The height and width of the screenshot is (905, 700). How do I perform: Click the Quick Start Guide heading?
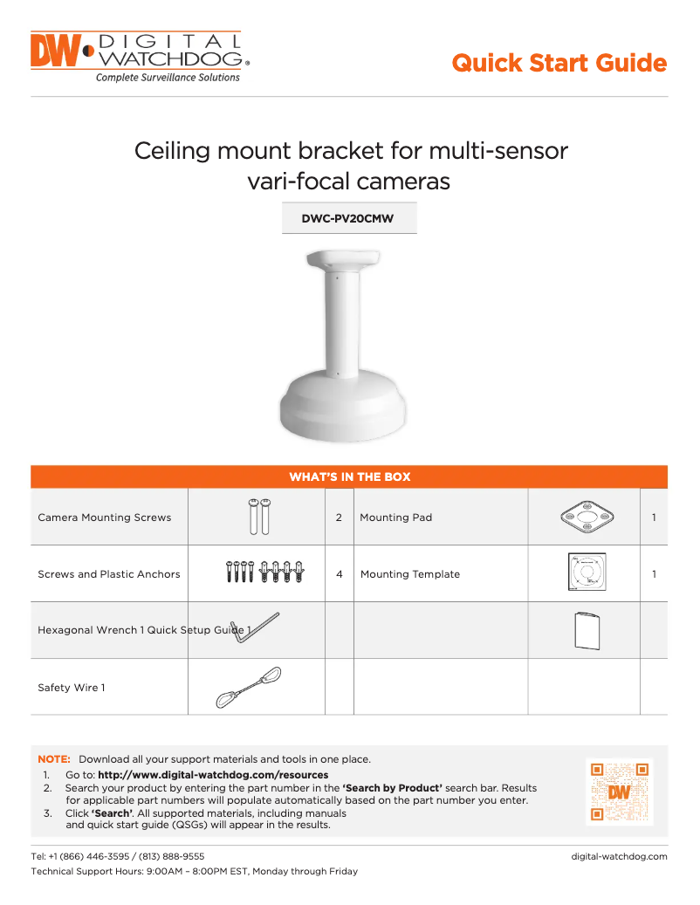coord(559,63)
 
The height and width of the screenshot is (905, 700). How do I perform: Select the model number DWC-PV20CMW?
coord(347,219)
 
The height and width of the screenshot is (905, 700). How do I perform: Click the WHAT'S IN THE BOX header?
coord(349,476)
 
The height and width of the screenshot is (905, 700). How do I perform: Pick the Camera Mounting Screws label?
coord(105,518)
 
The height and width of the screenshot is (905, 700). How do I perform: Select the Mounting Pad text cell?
coord(396,518)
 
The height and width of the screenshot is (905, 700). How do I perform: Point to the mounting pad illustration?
coord(584,518)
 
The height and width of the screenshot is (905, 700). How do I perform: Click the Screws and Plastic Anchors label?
coord(109,574)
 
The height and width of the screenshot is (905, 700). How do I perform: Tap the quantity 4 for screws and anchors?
coord(339,574)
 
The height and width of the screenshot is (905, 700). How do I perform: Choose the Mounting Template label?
coord(410,574)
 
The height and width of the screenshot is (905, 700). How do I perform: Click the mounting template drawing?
coord(584,573)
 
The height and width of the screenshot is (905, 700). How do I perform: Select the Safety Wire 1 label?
coord(72,688)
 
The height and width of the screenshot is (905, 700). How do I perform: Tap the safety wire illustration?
coord(249,687)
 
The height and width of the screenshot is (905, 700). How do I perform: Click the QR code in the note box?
coord(619,792)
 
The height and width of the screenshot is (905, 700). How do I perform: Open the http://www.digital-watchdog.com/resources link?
coord(213,775)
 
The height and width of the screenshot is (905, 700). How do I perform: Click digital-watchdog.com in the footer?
coord(619,856)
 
